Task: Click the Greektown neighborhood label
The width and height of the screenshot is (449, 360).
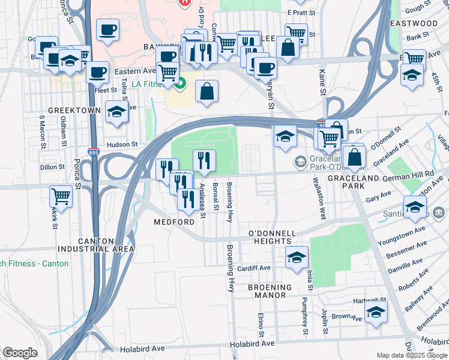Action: (x=73, y=111)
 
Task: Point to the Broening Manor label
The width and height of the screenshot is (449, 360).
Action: (x=270, y=291)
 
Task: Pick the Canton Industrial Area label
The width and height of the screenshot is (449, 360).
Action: (x=96, y=245)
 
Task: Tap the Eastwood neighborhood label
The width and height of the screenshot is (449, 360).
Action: (x=414, y=23)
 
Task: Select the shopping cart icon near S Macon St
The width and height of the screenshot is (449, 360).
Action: (x=61, y=196)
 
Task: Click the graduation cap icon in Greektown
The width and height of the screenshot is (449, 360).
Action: (x=116, y=112)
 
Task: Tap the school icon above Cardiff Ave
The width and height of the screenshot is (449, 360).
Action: (x=296, y=257)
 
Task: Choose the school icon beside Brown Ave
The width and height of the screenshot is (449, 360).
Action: (x=376, y=311)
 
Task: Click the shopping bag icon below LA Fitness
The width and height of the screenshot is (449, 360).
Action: (x=206, y=91)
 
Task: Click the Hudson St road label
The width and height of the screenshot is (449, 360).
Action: (x=122, y=145)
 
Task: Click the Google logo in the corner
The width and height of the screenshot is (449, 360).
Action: (x=20, y=353)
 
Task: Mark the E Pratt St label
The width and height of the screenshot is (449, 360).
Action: (x=301, y=12)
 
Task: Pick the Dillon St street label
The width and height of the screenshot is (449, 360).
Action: (x=51, y=168)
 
